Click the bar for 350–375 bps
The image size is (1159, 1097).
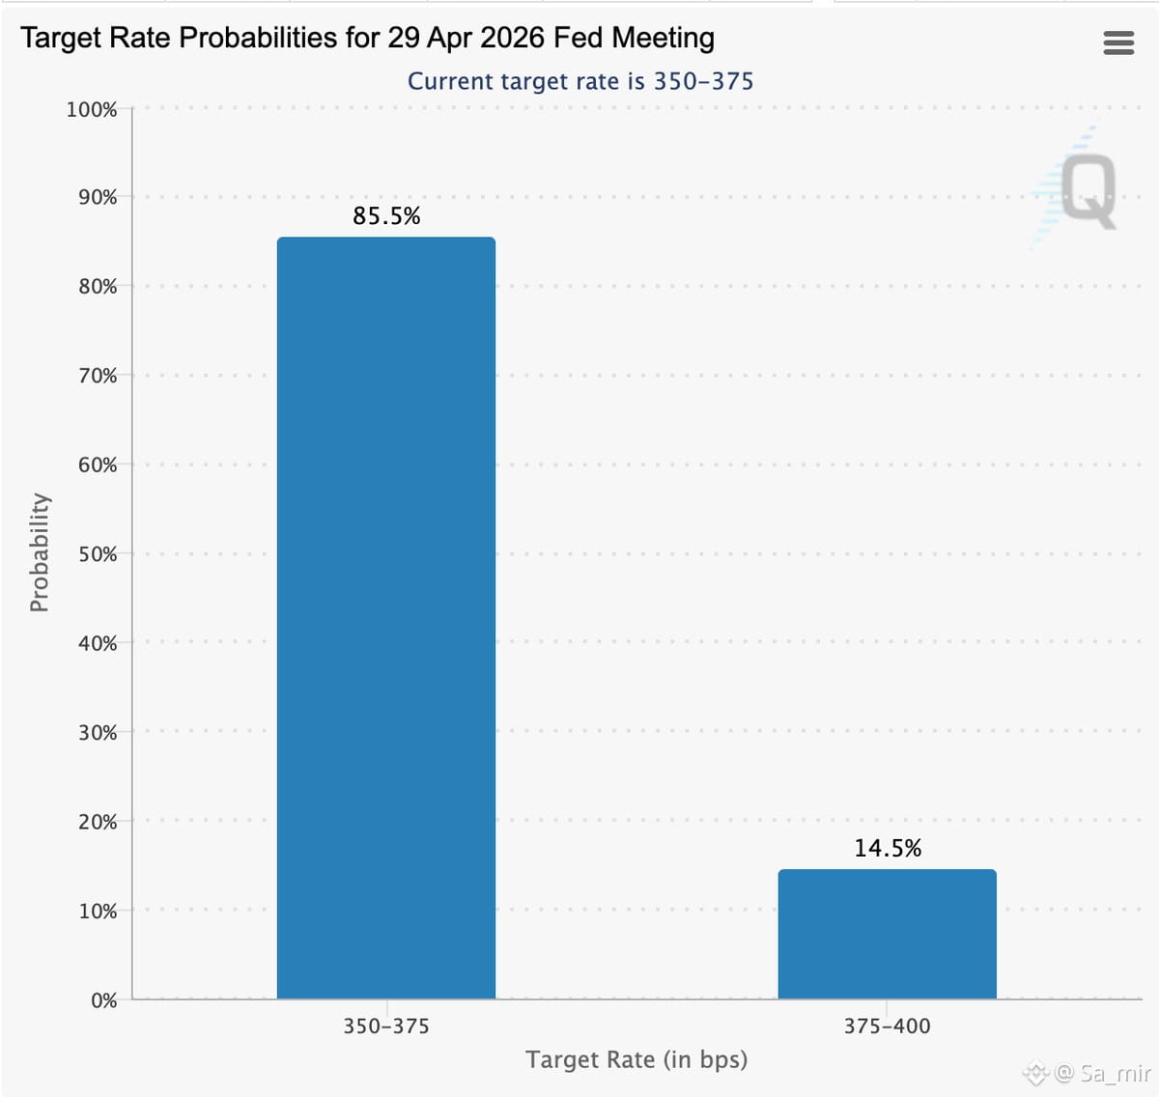[x=386, y=618]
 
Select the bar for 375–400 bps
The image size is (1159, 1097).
[x=888, y=934]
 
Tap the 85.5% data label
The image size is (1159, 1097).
[x=386, y=215]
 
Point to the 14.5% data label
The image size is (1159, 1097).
[x=888, y=848]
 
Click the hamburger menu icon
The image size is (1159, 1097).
[x=1118, y=42]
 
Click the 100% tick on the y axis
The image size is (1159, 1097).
[x=92, y=110]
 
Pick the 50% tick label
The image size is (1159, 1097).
[x=98, y=554]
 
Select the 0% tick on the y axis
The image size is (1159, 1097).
[x=103, y=1000]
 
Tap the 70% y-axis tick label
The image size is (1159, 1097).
[x=98, y=376]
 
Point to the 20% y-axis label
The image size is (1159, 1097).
[x=98, y=822]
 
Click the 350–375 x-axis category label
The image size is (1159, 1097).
[x=386, y=1027]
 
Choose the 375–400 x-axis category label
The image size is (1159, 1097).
[x=888, y=1027]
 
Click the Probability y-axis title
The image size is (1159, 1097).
[x=40, y=552]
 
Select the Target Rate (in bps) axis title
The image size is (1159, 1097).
[x=636, y=1059]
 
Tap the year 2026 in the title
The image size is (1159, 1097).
[x=512, y=38]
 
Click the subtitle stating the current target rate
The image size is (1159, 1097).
[x=580, y=81]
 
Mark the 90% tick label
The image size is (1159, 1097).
[x=98, y=197]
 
